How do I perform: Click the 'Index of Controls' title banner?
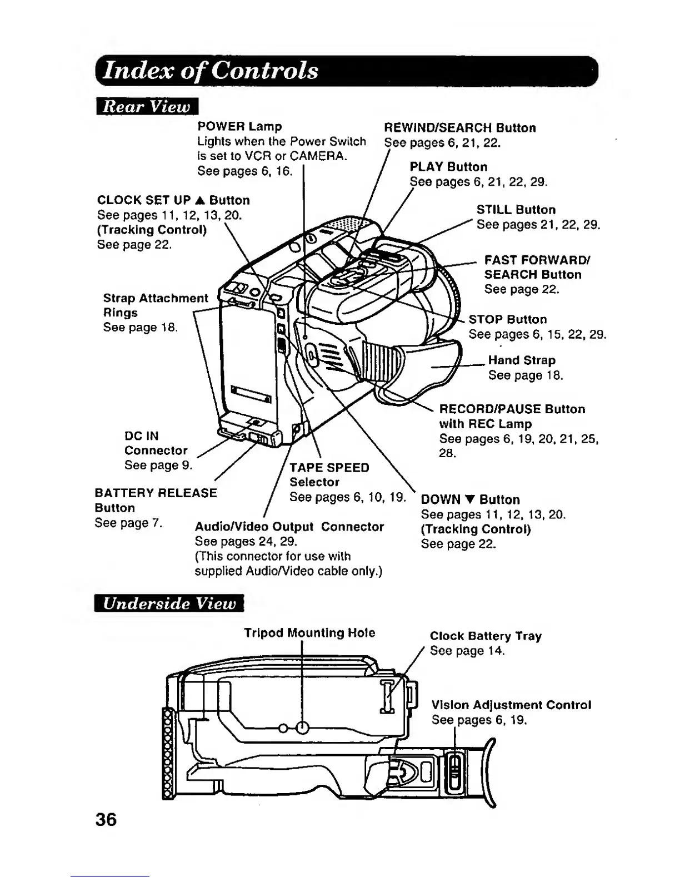[211, 71]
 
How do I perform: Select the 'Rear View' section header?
[147, 106]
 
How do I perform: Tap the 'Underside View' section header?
[169, 603]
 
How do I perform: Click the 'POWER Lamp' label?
[239, 126]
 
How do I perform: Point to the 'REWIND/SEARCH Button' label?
[460, 128]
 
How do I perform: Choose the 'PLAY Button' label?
[448, 167]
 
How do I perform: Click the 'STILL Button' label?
[516, 210]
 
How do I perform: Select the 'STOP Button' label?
[508, 319]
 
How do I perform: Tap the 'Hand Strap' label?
[522, 360]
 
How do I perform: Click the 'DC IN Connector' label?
[156, 443]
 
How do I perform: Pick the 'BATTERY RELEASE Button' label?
[156, 500]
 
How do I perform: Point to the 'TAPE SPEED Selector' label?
[329, 474]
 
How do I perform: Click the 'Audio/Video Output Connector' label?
[289, 527]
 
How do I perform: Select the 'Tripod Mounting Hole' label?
[309, 633]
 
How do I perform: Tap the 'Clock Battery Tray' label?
[486, 636]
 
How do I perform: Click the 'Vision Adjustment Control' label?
[511, 705]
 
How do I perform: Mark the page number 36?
[106, 819]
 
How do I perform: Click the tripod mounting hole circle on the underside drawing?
[302, 727]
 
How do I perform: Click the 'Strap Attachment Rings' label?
[155, 305]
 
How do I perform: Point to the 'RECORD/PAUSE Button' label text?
[512, 409]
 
